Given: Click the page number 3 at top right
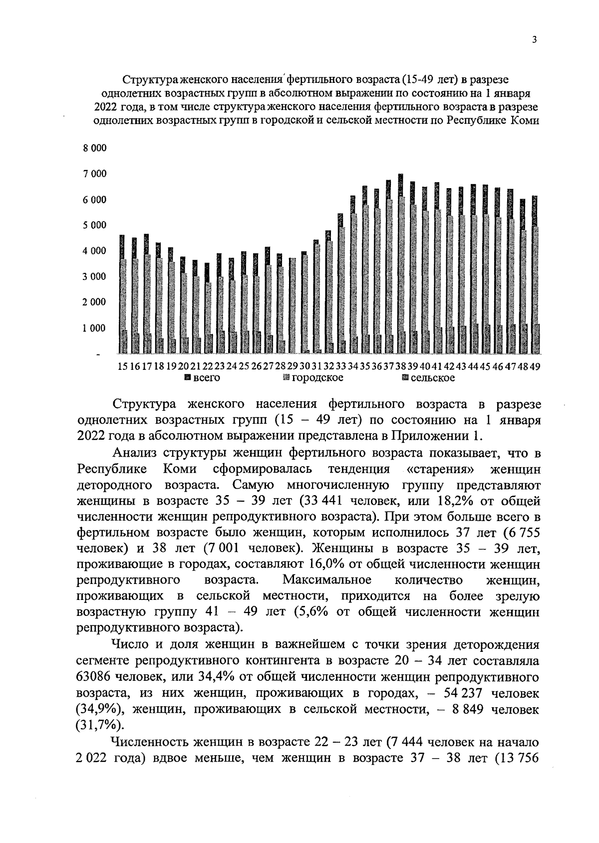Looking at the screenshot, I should coord(534,40).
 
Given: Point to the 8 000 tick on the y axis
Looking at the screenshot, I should coord(94,148).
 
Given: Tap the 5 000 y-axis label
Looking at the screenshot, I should coord(94,225).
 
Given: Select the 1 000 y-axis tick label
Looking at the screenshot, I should coord(94,328).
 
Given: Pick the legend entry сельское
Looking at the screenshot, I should coord(429,378).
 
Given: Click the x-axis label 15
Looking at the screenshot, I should coord(123,366).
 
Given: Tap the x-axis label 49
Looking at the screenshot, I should coord(535,366).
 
